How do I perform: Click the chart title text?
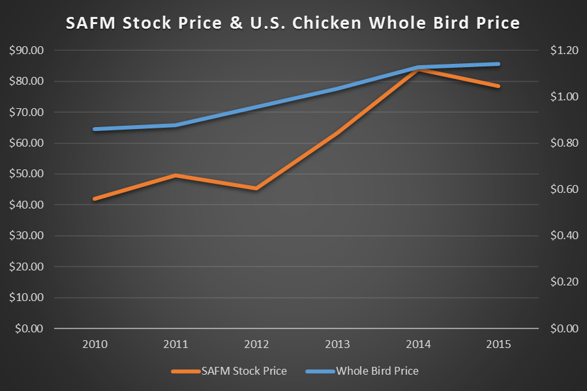click(293, 23)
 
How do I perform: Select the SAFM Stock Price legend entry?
click(229, 371)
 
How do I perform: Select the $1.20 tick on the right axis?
click(564, 50)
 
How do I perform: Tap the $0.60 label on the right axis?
click(564, 190)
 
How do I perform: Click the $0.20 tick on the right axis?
click(564, 282)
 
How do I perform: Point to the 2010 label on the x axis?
click(95, 344)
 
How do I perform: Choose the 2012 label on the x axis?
click(256, 344)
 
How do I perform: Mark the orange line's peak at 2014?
click(418, 69)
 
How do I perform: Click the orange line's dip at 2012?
click(256, 188)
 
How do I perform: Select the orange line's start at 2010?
click(95, 199)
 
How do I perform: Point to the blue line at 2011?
click(176, 125)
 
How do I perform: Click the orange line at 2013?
click(337, 132)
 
